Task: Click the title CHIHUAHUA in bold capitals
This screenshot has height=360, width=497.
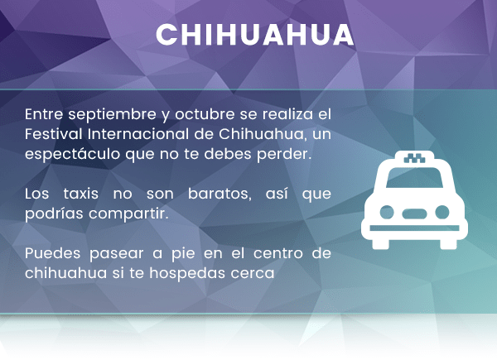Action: pyautogui.click(x=255, y=35)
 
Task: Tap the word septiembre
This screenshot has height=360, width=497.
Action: pyautogui.click(x=112, y=115)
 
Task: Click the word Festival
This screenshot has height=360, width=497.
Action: pyautogui.click(x=53, y=133)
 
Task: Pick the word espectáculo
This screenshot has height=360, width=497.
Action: pyautogui.click(x=73, y=154)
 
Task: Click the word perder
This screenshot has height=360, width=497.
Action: pyautogui.click(x=284, y=154)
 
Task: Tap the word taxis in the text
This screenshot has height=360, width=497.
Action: pyautogui.click(x=80, y=194)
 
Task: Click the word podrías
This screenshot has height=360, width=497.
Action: pyautogui.click(x=54, y=214)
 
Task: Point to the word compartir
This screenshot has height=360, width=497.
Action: pyautogui.click(x=128, y=214)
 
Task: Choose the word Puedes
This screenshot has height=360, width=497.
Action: pyautogui.click(x=53, y=253)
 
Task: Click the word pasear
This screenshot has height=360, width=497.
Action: pyautogui.click(x=116, y=254)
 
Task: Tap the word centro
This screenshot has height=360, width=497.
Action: pyautogui.click(x=278, y=253)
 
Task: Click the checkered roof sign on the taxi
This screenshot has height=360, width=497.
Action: pyautogui.click(x=415, y=158)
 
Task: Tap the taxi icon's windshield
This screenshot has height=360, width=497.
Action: pyautogui.click(x=414, y=178)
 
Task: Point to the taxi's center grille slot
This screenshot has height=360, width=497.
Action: pyautogui.click(x=414, y=214)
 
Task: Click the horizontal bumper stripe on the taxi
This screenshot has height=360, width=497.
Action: pyautogui.click(x=414, y=228)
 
